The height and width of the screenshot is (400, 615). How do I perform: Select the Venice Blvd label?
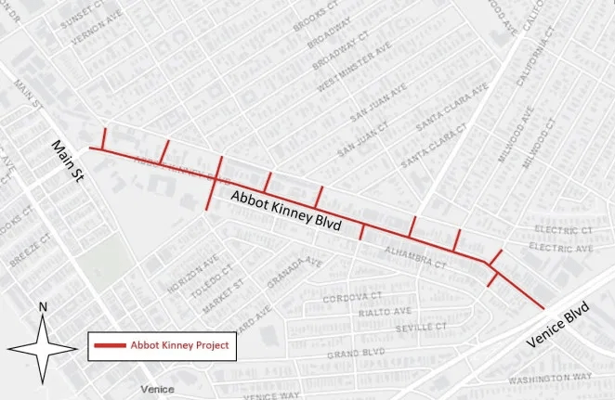pos(573,327)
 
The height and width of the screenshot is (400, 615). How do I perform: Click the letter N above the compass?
pos(42,306)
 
